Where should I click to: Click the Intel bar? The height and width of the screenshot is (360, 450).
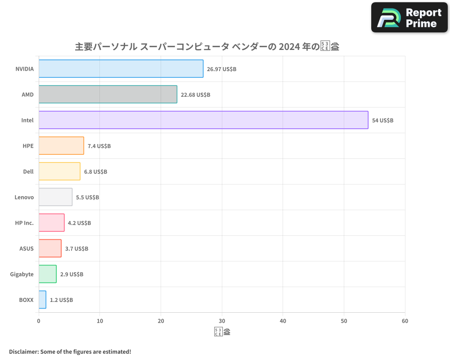203,120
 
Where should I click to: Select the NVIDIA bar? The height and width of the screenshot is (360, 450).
121,69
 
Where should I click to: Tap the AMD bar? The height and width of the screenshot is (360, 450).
108,94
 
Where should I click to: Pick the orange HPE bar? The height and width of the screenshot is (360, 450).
61,146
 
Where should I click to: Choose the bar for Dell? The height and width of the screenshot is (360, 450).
59,171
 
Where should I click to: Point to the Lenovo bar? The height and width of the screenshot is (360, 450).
55,197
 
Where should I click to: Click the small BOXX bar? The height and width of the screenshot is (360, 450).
42,300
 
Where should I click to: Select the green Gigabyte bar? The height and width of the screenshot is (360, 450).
47,274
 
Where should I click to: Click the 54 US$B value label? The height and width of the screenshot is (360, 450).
382,121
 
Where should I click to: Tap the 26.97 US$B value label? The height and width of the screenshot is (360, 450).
221,69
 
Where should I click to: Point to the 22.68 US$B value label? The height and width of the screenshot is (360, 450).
195,95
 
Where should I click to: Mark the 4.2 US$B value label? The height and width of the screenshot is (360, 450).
79,223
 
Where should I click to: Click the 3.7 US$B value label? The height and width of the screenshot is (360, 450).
76,248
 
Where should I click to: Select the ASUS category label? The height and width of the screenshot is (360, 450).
26,248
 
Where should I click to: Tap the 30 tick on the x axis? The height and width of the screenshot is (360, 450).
222,321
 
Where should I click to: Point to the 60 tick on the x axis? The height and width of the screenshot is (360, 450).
405,321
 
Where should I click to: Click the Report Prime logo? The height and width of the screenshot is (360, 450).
409,18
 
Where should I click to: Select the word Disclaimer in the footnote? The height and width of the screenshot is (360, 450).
23,351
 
